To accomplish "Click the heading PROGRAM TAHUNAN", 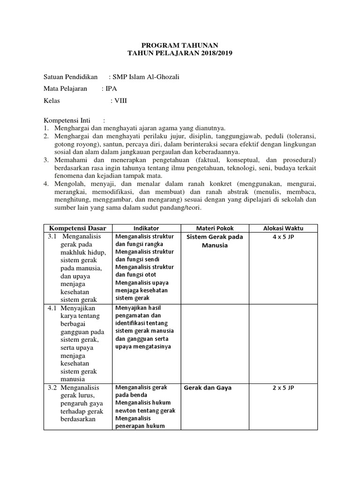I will click(180, 45).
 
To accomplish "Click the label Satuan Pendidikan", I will click(70, 77).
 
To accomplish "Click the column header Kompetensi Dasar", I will click(78, 228).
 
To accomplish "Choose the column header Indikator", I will click(146, 228).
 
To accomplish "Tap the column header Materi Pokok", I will click(214, 228).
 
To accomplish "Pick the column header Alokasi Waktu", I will click(283, 228).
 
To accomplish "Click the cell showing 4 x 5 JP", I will click(283, 237).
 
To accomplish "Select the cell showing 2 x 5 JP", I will click(283, 388).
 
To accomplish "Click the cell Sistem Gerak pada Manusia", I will click(214, 241).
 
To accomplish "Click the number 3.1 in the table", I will click(52, 237).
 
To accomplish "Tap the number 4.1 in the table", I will click(52, 308).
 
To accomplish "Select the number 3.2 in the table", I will click(52, 388).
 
